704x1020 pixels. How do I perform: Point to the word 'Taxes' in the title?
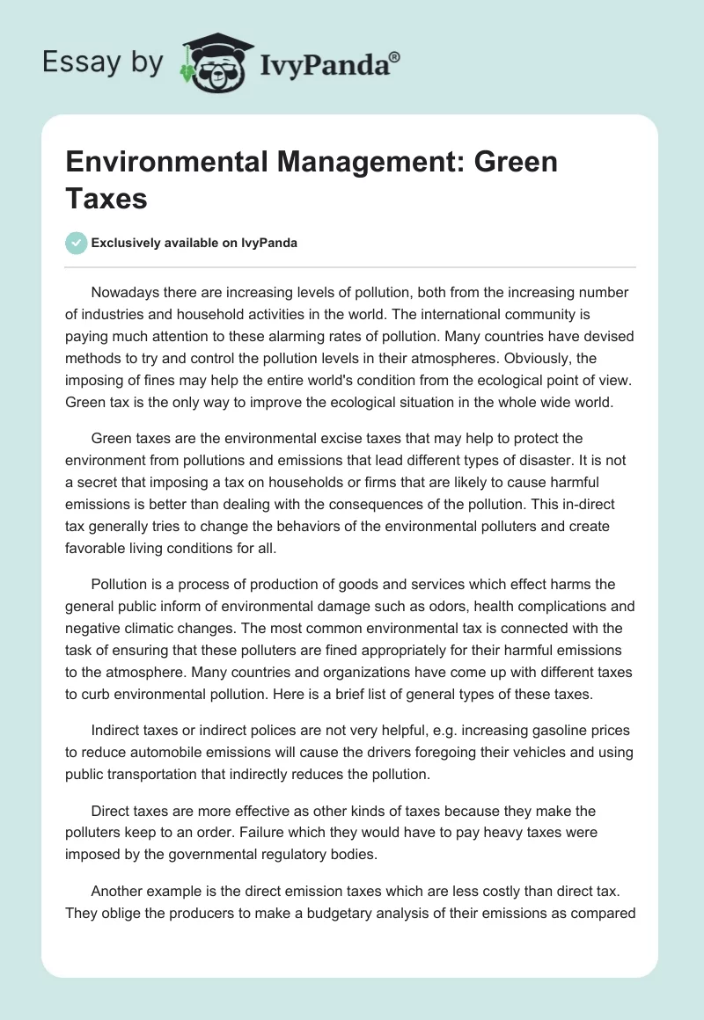pyautogui.click(x=106, y=198)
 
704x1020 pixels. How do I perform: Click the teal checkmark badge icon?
pyautogui.click(x=77, y=243)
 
